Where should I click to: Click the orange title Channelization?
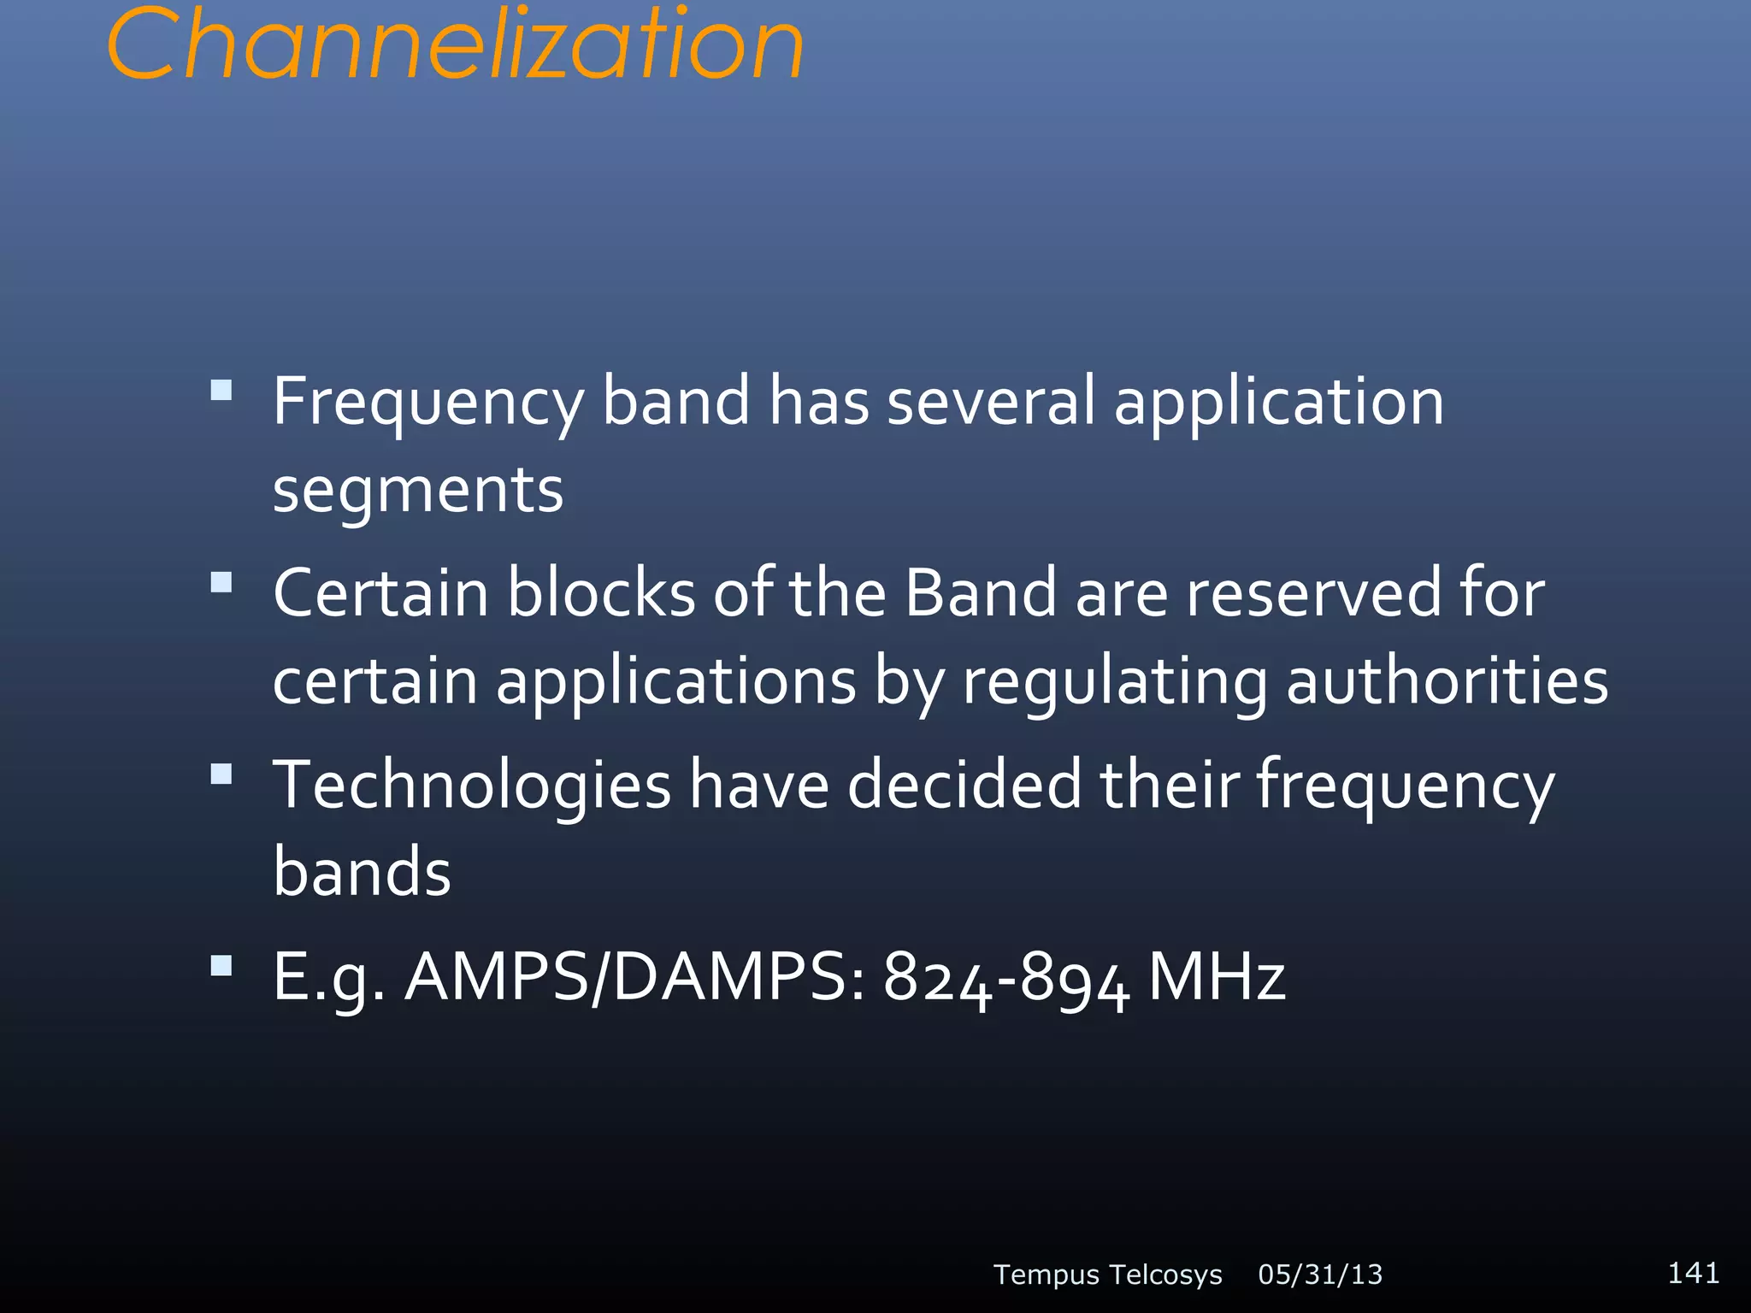click(x=455, y=44)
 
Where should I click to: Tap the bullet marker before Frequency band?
click(x=221, y=391)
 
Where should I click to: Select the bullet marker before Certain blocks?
click(x=221, y=582)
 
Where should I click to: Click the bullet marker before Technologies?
click(x=221, y=774)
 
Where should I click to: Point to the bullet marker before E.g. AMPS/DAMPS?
click(x=221, y=966)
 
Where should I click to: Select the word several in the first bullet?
click(x=990, y=401)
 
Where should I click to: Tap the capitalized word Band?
click(x=981, y=592)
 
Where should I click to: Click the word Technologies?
click(x=472, y=786)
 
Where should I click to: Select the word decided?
click(x=964, y=784)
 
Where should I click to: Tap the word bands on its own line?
click(x=362, y=872)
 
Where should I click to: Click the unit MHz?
click(x=1217, y=977)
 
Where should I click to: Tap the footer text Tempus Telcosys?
click(x=1107, y=1275)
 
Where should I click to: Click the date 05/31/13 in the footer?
click(x=1320, y=1275)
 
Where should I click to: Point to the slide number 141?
click(x=1693, y=1273)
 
